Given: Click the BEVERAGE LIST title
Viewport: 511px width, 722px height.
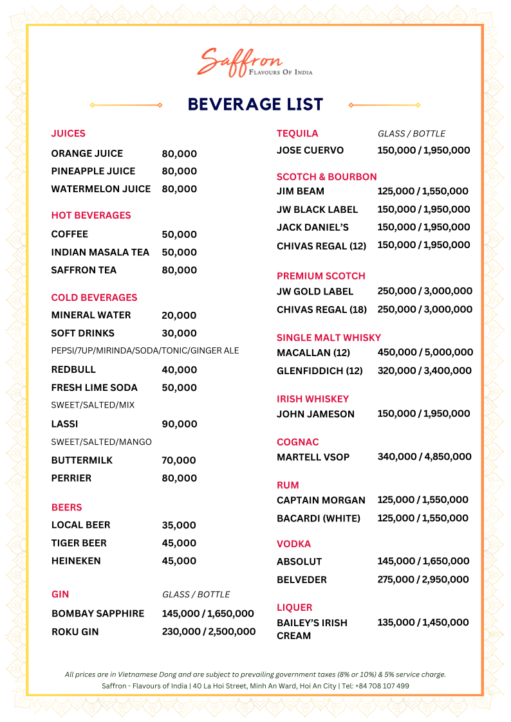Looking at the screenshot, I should [x=256, y=104].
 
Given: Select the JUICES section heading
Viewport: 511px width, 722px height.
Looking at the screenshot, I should [x=68, y=134].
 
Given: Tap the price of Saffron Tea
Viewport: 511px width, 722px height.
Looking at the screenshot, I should [x=179, y=270].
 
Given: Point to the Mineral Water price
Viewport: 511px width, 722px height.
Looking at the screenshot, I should [x=179, y=316].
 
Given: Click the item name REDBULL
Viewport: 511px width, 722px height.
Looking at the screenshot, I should [x=73, y=370].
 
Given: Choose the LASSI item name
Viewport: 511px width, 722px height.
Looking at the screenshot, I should [x=64, y=424].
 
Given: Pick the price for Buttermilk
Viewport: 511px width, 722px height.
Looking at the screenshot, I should [x=179, y=460].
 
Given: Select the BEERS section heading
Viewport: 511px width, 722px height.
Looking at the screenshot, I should [x=67, y=507].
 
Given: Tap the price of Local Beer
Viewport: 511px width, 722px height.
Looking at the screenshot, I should [x=179, y=525].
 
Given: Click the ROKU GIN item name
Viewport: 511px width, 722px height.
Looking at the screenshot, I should [x=75, y=632].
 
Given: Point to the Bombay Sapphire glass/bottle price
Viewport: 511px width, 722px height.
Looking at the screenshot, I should [x=208, y=614].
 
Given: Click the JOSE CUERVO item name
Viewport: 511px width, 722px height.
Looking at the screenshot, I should [x=310, y=150].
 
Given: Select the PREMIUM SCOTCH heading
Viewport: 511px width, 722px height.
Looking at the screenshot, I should [x=321, y=276].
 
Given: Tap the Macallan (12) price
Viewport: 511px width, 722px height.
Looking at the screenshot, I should [x=425, y=352].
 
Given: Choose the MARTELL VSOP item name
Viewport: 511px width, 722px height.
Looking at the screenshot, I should [x=313, y=457].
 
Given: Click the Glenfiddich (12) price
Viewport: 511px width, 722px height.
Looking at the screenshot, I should [x=424, y=371].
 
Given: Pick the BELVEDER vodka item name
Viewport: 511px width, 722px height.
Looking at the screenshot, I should [x=302, y=580].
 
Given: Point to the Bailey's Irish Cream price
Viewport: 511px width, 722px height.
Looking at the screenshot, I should [x=423, y=622].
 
